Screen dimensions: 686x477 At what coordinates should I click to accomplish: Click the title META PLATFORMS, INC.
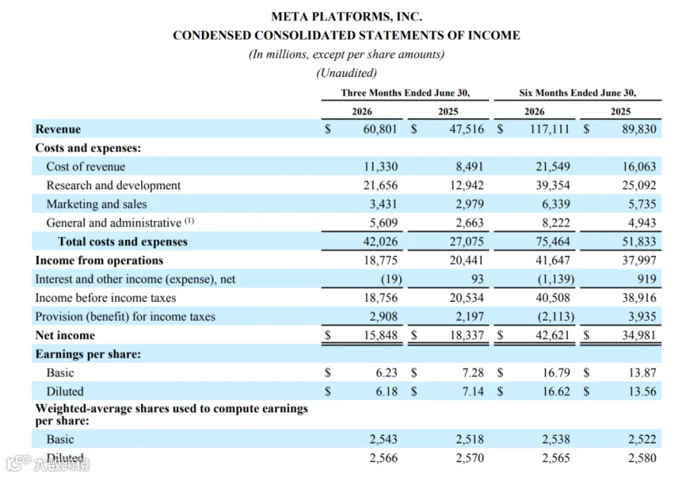tap(347, 17)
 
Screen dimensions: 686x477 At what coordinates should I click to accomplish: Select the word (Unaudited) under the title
tap(347, 72)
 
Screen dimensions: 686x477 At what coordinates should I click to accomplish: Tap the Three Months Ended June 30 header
tap(406, 93)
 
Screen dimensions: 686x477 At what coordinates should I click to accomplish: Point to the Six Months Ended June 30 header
tap(578, 93)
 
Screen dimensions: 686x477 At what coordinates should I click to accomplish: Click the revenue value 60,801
tap(380, 129)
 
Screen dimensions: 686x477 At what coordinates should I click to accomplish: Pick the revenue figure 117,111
tap(550, 129)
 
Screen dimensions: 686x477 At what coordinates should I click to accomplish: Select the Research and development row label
tap(114, 185)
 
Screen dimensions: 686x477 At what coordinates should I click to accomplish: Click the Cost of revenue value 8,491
tap(470, 167)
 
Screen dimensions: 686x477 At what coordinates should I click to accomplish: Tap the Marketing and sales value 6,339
tap(556, 204)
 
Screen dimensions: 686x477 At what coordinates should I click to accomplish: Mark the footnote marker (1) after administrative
tap(189, 221)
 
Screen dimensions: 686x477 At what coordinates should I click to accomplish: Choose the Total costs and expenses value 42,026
tap(380, 242)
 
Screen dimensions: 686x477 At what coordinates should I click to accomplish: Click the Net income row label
tap(66, 335)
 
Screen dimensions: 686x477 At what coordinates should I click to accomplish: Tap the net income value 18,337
tap(467, 335)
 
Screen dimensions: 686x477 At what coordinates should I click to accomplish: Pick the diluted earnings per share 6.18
tap(386, 392)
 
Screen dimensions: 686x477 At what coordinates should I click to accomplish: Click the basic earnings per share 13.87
tap(643, 373)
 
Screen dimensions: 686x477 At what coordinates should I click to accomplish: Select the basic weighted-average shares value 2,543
tap(383, 440)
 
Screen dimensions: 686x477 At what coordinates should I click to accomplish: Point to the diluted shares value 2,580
tap(643, 458)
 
